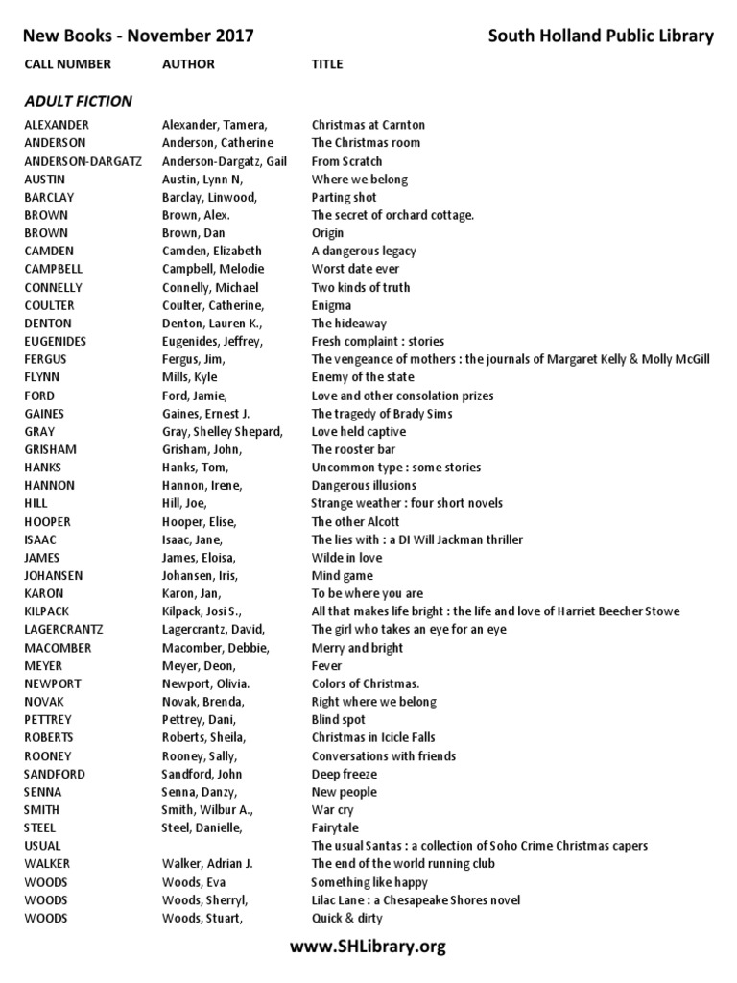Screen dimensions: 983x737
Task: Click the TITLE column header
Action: click(x=327, y=64)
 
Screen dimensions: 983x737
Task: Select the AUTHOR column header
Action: click(x=188, y=64)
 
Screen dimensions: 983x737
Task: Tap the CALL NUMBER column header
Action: click(x=67, y=64)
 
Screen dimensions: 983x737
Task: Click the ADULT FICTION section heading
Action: click(x=79, y=101)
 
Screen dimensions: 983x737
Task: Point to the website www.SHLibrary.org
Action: click(x=368, y=947)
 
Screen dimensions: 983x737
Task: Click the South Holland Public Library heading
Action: click(x=601, y=36)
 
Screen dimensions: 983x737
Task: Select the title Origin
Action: click(x=327, y=233)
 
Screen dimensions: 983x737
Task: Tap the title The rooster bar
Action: click(x=353, y=449)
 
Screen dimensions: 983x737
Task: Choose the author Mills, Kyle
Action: click(x=190, y=377)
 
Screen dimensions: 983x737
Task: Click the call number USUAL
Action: click(x=42, y=846)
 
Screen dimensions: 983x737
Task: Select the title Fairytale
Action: click(x=335, y=827)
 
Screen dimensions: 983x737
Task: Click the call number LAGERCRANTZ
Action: click(x=63, y=630)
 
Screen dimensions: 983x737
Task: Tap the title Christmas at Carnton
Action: click(x=368, y=125)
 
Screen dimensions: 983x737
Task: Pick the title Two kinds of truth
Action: click(x=360, y=287)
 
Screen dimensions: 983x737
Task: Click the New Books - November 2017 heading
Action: click(x=138, y=36)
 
